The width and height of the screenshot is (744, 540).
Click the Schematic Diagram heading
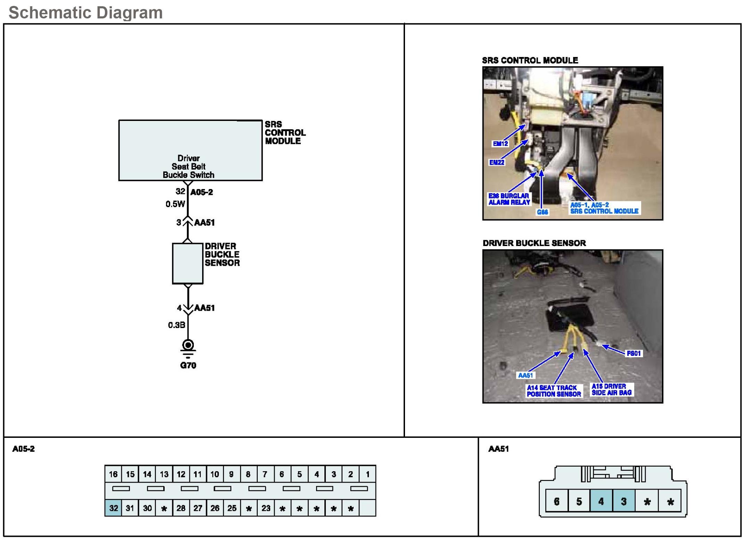(85, 13)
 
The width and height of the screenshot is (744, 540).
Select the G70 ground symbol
(188, 346)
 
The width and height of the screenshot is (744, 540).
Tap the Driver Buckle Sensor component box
(188, 263)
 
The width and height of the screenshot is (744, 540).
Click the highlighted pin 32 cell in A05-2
(113, 508)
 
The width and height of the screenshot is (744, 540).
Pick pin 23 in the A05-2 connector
(266, 508)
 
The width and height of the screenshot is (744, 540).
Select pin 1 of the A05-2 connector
(367, 474)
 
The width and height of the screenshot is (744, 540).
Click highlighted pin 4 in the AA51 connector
(601, 501)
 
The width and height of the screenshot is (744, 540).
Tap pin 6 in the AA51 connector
(556, 501)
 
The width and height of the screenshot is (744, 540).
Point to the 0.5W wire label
(175, 204)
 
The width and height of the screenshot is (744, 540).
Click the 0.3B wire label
(176, 325)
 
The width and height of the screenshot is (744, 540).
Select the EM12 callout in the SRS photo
(500, 144)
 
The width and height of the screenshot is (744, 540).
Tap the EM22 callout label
(497, 162)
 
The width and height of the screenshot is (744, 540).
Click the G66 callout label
(542, 212)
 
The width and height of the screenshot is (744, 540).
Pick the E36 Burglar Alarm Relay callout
(509, 199)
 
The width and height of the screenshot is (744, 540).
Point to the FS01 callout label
(633, 353)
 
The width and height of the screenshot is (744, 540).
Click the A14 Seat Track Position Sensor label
(554, 391)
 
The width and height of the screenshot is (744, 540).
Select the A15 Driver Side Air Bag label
(611, 390)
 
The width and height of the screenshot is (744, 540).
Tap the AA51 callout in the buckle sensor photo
(525, 375)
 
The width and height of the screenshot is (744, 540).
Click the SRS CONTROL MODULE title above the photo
(530, 60)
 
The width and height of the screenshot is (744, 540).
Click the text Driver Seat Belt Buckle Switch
(189, 167)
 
